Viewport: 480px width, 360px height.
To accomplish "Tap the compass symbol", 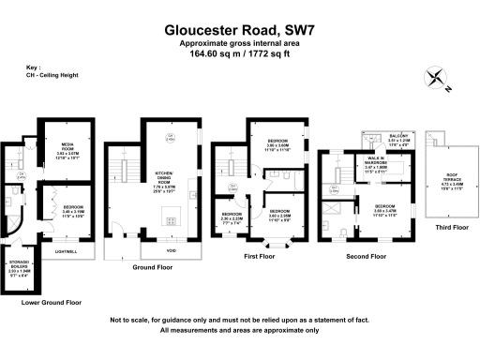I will click(x=437, y=81).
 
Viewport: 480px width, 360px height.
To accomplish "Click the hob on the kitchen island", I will click(x=169, y=221).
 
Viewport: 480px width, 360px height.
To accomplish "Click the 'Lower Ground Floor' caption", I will click(x=52, y=303).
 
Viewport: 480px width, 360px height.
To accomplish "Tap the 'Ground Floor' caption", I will click(x=152, y=267).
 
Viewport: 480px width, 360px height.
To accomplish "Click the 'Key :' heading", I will click(x=34, y=68).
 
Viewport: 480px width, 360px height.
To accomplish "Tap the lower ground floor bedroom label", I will click(x=73, y=207).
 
